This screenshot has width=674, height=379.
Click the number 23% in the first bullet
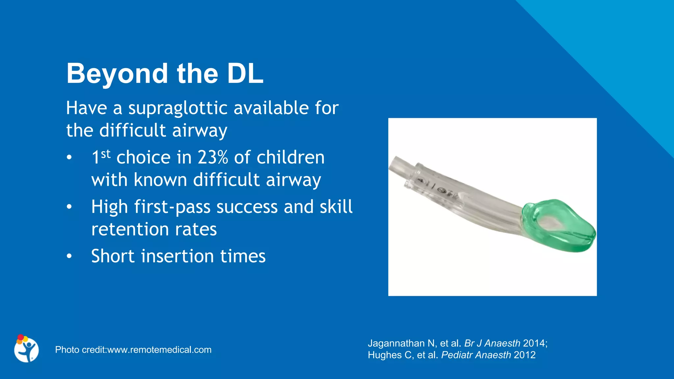click(x=213, y=157)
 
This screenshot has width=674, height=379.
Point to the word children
click(x=291, y=157)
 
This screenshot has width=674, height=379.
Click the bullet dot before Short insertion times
click(x=69, y=256)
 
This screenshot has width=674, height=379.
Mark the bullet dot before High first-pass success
click(x=69, y=207)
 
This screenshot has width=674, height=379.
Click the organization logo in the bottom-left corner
click(x=26, y=349)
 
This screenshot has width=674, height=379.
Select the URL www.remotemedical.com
click(x=159, y=350)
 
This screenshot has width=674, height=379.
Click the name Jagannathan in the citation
click(x=396, y=343)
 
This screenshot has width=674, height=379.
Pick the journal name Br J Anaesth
click(x=492, y=343)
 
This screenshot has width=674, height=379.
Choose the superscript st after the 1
click(x=106, y=153)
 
